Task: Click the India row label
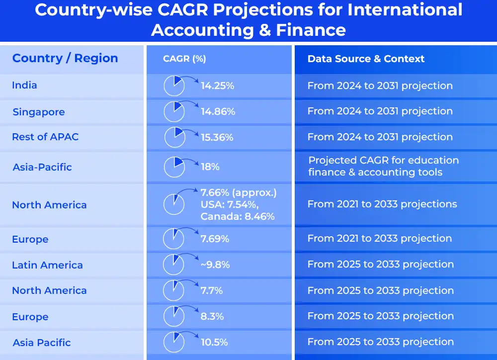(x=24, y=85)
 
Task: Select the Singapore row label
(x=39, y=112)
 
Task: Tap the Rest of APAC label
(x=45, y=137)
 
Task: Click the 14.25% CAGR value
(x=218, y=86)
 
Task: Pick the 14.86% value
(x=218, y=112)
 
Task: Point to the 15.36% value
(x=217, y=137)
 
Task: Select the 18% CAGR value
(x=210, y=167)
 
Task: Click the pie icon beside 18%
(x=174, y=167)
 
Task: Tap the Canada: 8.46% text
(x=238, y=216)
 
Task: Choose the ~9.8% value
(x=215, y=265)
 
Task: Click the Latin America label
(x=48, y=265)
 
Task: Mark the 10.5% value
(x=214, y=342)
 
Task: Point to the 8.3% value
(x=212, y=316)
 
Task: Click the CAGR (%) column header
(x=184, y=59)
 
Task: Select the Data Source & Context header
(x=366, y=59)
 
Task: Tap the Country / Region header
(x=65, y=58)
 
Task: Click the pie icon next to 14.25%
(x=174, y=86)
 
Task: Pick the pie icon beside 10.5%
(x=174, y=342)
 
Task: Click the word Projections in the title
(x=263, y=10)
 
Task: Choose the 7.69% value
(x=215, y=239)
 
